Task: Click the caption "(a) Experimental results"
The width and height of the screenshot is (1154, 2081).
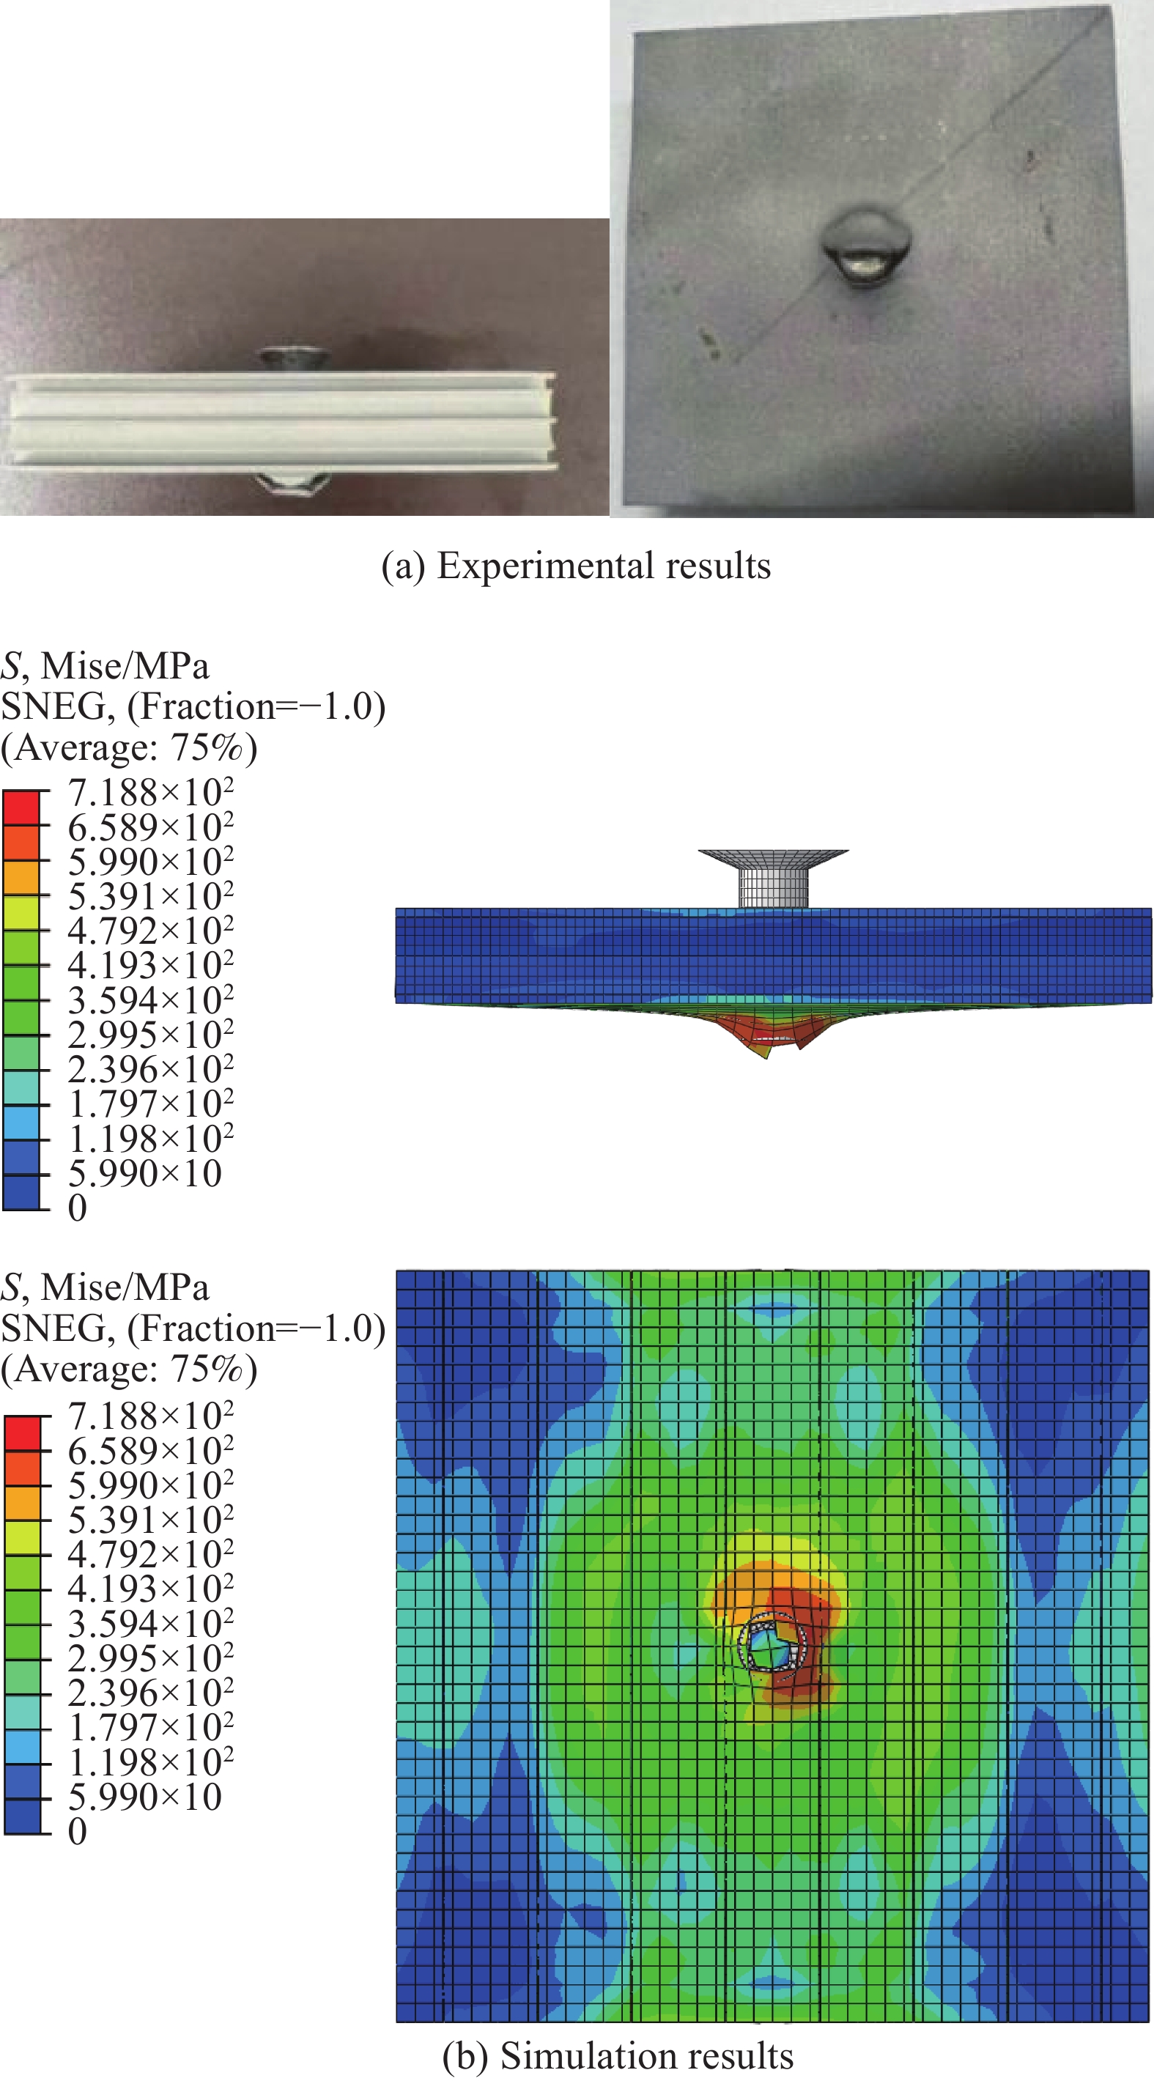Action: click(x=576, y=566)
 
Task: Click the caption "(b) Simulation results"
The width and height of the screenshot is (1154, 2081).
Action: click(x=618, y=2055)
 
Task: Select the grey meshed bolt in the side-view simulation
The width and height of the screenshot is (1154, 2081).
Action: click(x=773, y=878)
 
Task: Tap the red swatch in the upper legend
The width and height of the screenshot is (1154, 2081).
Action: click(x=21, y=807)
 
